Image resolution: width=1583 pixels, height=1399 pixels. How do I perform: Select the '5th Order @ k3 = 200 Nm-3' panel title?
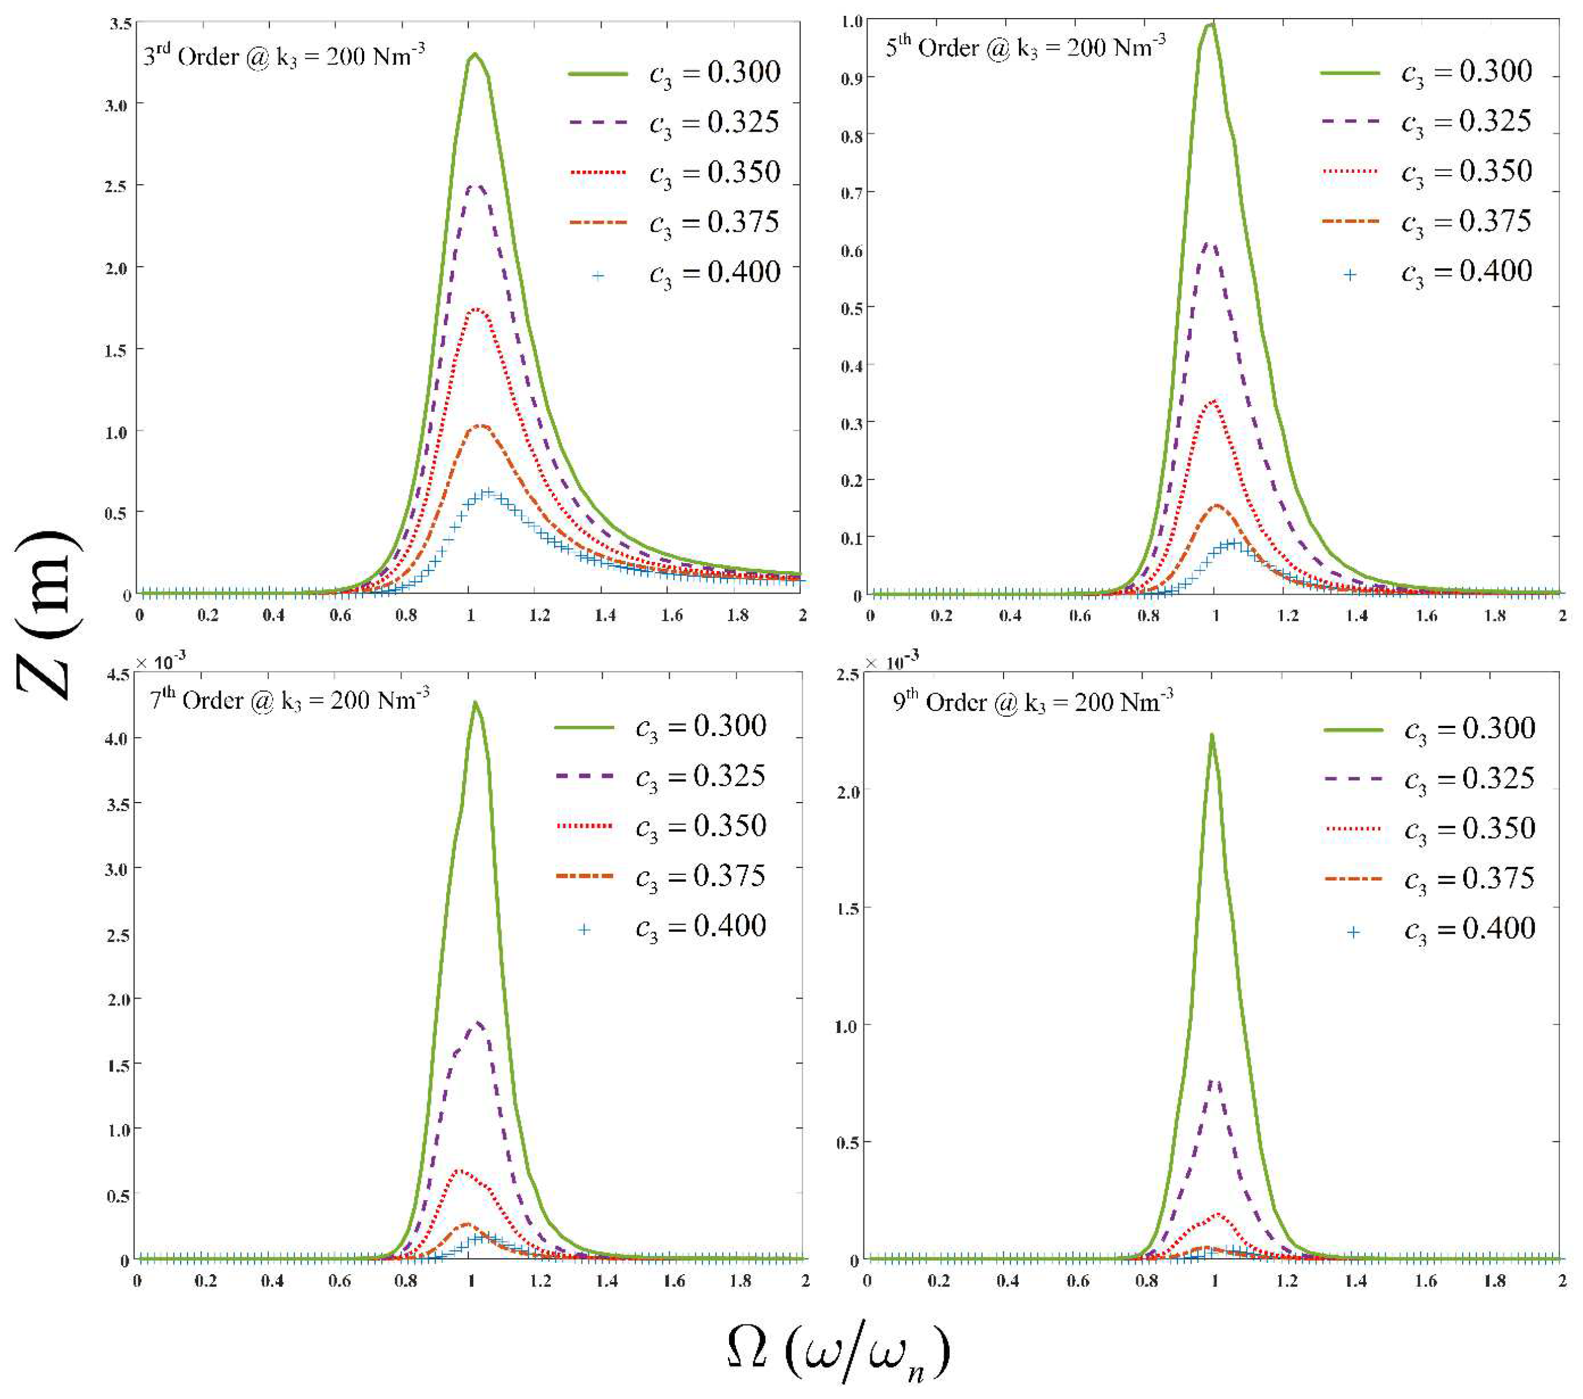click(1024, 48)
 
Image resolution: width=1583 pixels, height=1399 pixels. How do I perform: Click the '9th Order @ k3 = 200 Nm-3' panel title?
click(1032, 702)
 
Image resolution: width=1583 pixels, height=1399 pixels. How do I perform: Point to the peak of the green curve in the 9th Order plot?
click(1211, 735)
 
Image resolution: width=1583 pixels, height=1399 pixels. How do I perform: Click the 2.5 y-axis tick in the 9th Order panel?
click(849, 675)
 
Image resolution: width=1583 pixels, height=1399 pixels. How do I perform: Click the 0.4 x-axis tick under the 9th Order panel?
click(1007, 1280)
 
